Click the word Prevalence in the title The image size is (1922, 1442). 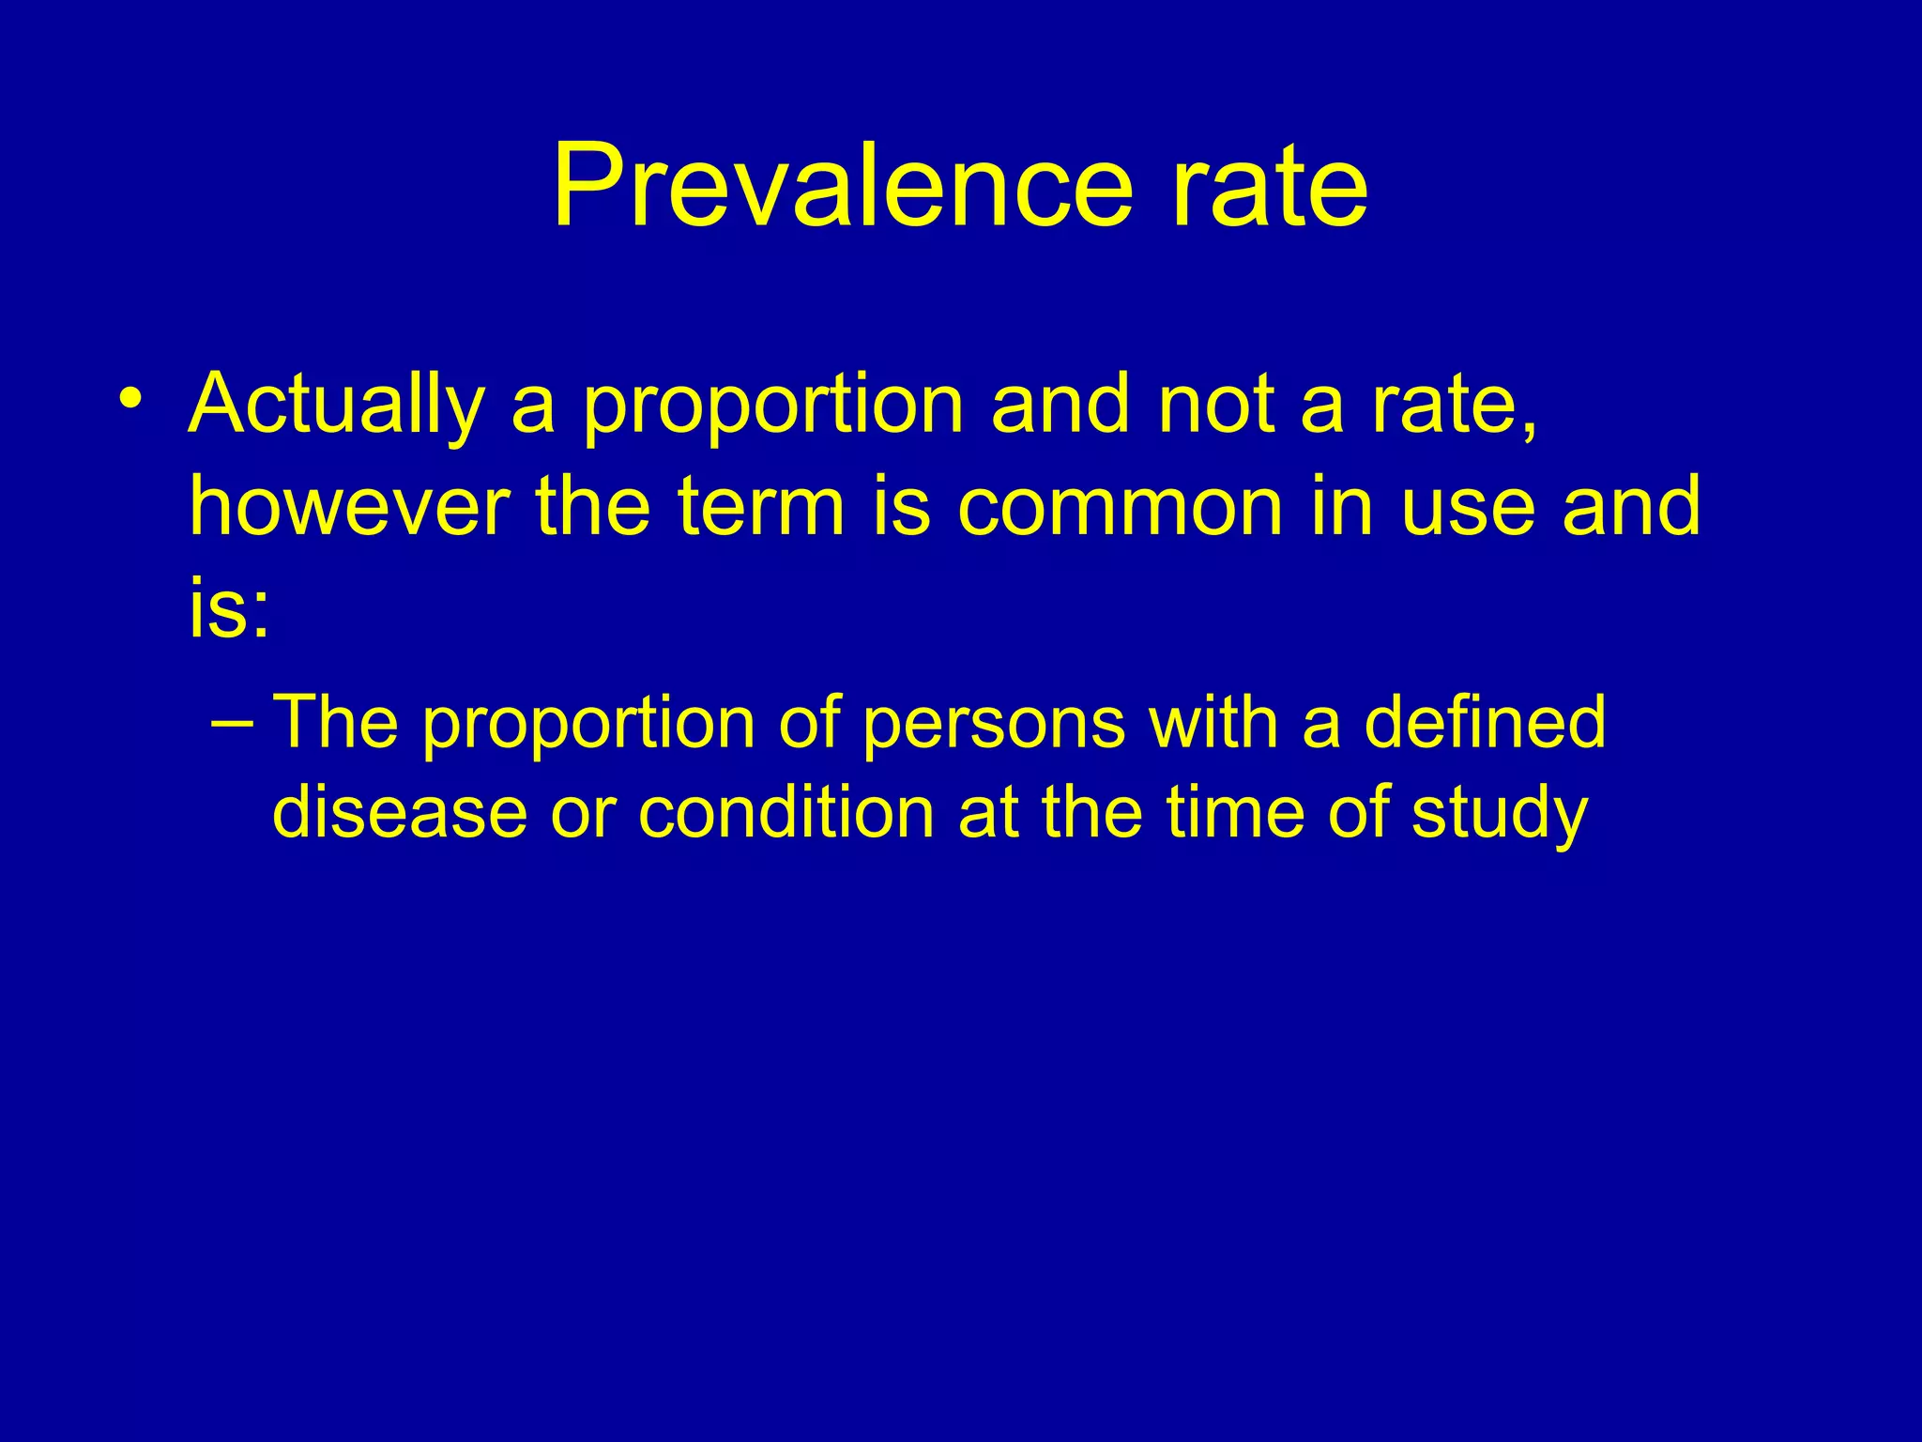pos(842,185)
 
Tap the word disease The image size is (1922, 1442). pos(399,811)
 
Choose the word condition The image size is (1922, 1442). pos(786,811)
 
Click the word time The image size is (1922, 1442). pos(1236,811)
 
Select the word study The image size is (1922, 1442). pos(1500,813)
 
